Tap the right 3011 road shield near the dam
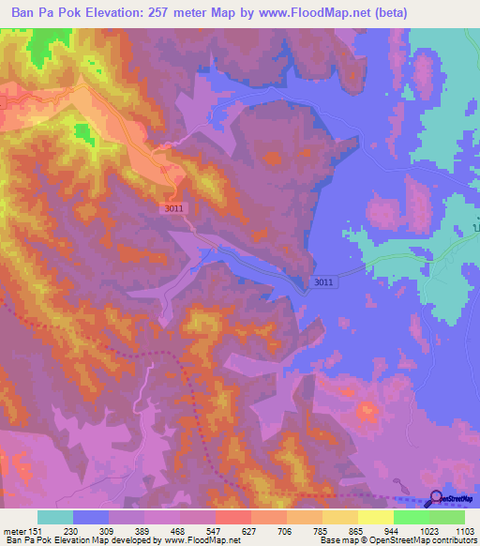click(322, 281)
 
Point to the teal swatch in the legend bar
click(54, 517)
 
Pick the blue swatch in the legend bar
click(90, 517)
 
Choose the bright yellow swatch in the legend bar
click(375, 517)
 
